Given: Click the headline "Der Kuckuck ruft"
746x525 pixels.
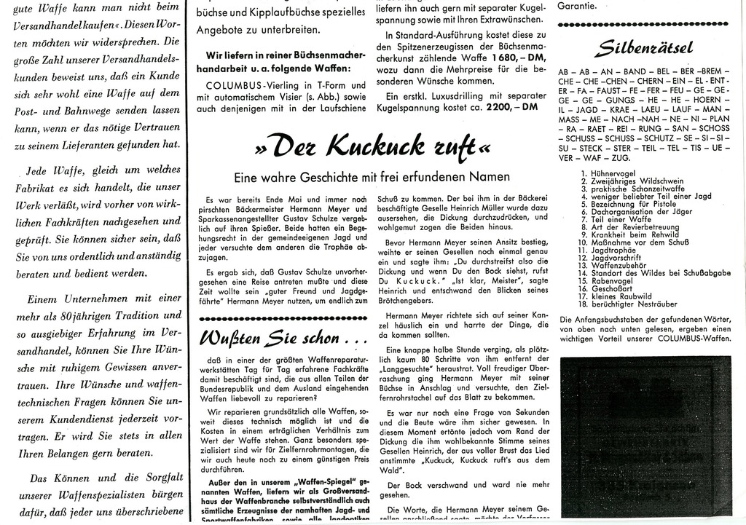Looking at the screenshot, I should (372, 146).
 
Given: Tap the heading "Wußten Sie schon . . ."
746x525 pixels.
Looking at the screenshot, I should (275, 338).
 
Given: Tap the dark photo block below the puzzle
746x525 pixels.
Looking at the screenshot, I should (645, 435).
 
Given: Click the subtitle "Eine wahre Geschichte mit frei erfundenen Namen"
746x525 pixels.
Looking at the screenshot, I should (372, 177).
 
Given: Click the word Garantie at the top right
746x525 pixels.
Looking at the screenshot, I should (576, 6).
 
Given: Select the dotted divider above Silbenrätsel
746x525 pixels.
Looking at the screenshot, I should (644, 25).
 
